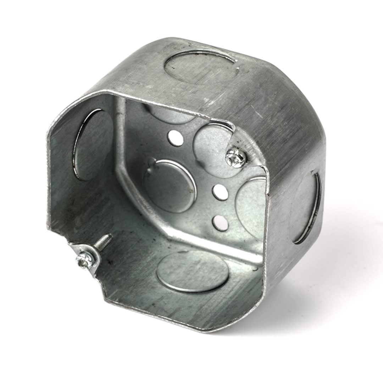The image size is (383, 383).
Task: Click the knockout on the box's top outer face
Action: coord(201,67)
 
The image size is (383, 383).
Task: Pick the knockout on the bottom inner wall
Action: coord(193,271)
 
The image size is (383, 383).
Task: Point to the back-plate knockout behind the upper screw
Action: coord(213,149)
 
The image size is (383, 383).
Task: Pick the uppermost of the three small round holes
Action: coord(176,138)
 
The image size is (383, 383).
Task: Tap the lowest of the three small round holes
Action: coord(220,223)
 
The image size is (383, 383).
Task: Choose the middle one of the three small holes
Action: coord(220,192)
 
